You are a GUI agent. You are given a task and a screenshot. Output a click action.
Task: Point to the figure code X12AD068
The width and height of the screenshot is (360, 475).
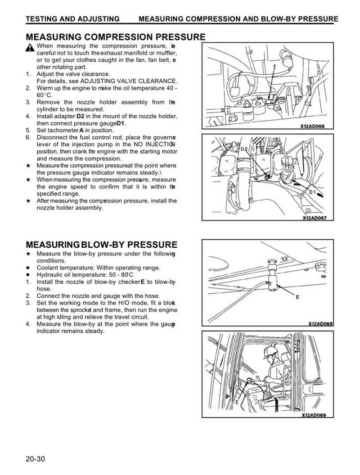tap(320, 323)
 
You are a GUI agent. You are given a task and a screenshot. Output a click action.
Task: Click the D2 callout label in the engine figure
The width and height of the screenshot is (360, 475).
tap(244, 148)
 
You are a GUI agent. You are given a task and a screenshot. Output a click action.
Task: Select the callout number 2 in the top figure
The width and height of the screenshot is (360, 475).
tap(273, 66)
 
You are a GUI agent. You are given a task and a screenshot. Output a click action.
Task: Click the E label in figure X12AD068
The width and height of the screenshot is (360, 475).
tap(297, 297)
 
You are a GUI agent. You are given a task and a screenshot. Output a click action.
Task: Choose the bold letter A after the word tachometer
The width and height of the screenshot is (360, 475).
tap(82, 130)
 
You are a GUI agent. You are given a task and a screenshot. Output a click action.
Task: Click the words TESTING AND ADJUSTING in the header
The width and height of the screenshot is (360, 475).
tap(72, 19)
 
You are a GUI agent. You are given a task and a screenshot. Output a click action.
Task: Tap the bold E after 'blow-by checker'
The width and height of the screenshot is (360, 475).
tap(143, 282)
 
